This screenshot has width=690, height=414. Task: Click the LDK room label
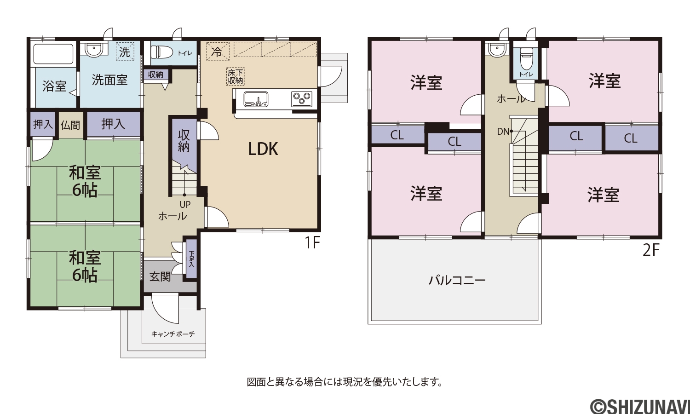coord(264,149)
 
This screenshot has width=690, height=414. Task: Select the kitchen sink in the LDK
coord(256,99)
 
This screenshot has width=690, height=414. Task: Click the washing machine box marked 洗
coord(125,51)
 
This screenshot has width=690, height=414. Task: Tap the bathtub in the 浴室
coord(53,55)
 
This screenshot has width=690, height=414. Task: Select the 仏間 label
coord(70,125)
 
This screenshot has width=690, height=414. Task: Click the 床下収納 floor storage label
coord(236,77)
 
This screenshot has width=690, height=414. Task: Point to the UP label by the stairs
coord(185,205)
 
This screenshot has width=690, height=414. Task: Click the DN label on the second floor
coord(503,132)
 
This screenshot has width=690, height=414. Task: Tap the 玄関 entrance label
coord(160,276)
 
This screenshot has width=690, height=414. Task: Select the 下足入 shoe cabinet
coord(191,259)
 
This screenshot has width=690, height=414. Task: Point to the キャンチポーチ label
coord(173,334)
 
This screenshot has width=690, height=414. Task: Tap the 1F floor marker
coord(313,242)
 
